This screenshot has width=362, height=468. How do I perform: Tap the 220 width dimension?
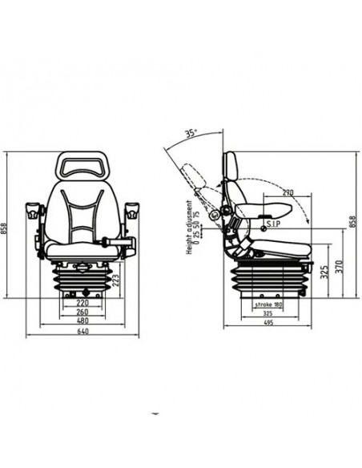pyautogui.click(x=82, y=305)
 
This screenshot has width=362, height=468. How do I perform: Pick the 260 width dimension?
pyautogui.click(x=82, y=313)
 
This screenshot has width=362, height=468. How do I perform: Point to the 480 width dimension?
pyautogui.click(x=82, y=322)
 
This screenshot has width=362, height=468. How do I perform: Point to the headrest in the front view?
pyautogui.click(x=82, y=166)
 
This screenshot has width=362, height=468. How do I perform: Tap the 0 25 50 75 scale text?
pyautogui.click(x=197, y=224)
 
